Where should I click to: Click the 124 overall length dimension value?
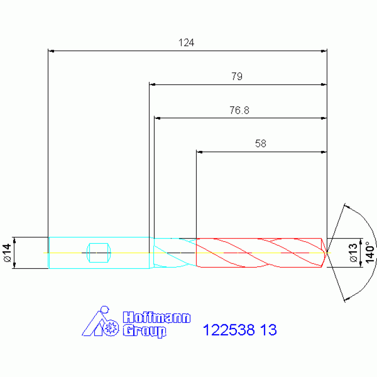coord(186,43)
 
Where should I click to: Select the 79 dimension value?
coord(237,76)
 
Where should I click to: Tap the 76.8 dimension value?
coord(239,110)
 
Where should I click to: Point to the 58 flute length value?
coord(261,144)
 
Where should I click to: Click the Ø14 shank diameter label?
coord(8,253)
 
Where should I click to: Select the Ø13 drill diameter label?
coord(353,253)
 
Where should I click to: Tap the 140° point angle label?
coord(370,253)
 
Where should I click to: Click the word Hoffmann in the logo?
coord(156,318)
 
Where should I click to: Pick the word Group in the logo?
coord(145,331)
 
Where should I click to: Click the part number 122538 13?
coord(240,330)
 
